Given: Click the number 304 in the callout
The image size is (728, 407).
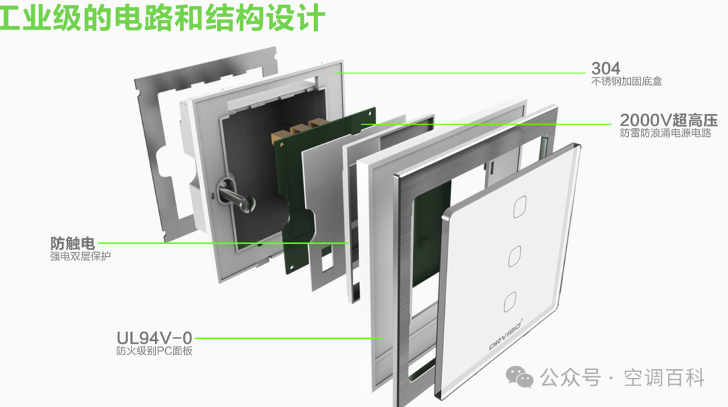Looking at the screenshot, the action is pyautogui.click(x=605, y=69).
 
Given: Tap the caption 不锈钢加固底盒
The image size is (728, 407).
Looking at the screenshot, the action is pyautogui.click(x=626, y=82).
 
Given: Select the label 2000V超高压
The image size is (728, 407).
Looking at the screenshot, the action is pyautogui.click(x=669, y=120).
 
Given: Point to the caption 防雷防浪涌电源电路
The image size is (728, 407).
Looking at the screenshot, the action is pyautogui.click(x=665, y=133).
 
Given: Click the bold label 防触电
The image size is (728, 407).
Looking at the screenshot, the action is pyautogui.click(x=72, y=243).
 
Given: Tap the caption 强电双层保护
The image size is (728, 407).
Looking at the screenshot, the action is pyautogui.click(x=80, y=256).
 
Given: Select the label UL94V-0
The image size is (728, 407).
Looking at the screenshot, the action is pyautogui.click(x=154, y=338).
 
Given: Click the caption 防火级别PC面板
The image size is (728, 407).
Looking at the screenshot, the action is pyautogui.click(x=154, y=351).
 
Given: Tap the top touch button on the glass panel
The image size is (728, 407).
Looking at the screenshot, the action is pyautogui.click(x=520, y=207).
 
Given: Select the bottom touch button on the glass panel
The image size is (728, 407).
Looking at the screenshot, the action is pyautogui.click(x=510, y=302).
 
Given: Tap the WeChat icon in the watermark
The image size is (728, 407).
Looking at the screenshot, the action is pyautogui.click(x=519, y=377).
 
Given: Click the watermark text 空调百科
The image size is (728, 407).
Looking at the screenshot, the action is pyautogui.click(x=664, y=378).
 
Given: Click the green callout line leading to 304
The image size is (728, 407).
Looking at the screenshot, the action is pyautogui.click(x=460, y=73).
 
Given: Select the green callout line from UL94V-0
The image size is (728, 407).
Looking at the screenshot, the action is pyautogui.click(x=288, y=338).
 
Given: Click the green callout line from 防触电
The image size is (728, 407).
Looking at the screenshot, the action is pyautogui.click(x=223, y=243).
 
